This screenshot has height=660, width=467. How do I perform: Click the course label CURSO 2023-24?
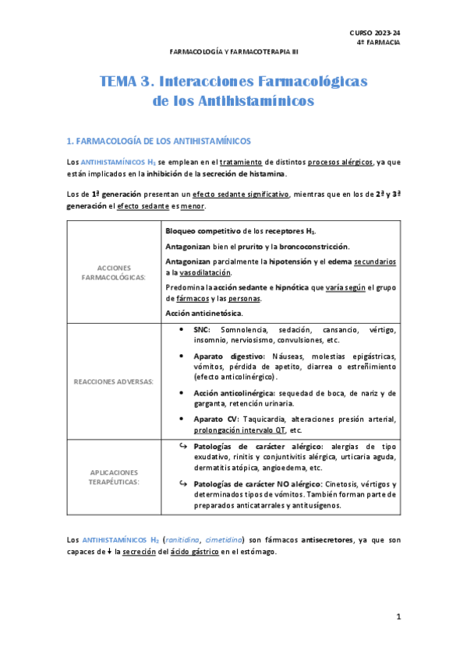click(x=375, y=32)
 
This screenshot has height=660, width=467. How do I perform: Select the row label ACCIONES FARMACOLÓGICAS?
click(x=115, y=272)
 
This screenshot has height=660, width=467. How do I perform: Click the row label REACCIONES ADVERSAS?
click(x=114, y=381)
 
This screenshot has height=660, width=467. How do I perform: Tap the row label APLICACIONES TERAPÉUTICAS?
click(x=114, y=477)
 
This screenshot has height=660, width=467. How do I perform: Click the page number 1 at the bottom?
click(x=398, y=617)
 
